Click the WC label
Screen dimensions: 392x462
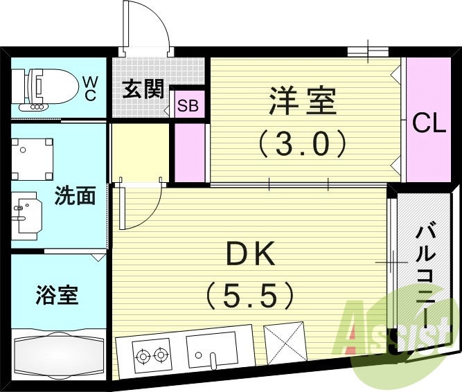[91, 88]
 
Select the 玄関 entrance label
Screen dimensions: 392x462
[143, 89]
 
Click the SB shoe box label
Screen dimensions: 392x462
[188, 106]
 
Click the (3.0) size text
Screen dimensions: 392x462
[302, 144]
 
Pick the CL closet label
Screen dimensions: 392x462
[429, 125]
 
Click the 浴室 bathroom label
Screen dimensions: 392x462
[57, 295]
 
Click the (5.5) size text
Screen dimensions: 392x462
[250, 296]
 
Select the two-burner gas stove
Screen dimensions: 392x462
[152, 355]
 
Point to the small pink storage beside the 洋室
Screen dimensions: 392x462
[189, 152]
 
